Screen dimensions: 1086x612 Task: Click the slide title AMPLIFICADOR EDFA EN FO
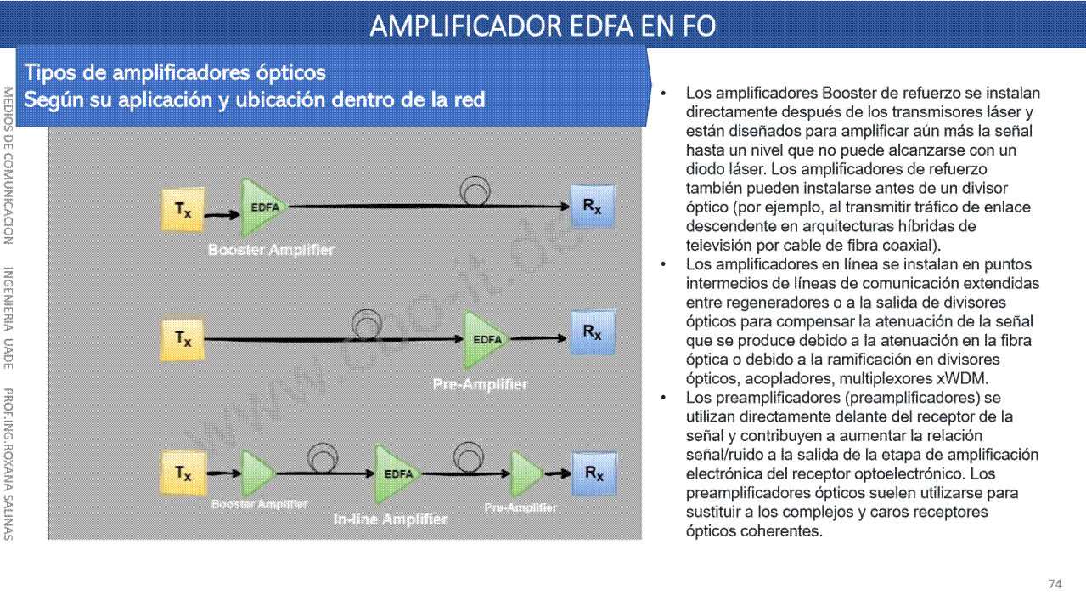tap(543, 26)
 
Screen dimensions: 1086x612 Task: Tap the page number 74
tap(1055, 584)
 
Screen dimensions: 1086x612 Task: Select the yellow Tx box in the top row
tap(183, 210)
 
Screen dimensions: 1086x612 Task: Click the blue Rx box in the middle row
tap(593, 332)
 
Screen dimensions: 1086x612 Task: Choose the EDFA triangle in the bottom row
tap(397, 473)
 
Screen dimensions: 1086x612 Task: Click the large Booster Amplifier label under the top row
tap(271, 250)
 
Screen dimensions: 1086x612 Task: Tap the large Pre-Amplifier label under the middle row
tap(480, 384)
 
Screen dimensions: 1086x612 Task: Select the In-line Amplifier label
tap(391, 519)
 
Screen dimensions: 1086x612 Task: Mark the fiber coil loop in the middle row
tap(367, 324)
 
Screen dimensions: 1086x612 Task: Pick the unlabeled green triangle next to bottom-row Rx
tap(527, 473)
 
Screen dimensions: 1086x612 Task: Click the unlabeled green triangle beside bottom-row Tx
tap(258, 473)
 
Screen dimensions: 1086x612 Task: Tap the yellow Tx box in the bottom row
tap(183, 473)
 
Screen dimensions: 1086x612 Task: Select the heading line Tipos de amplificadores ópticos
tap(175, 73)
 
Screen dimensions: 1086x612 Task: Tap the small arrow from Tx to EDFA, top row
tap(222, 214)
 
